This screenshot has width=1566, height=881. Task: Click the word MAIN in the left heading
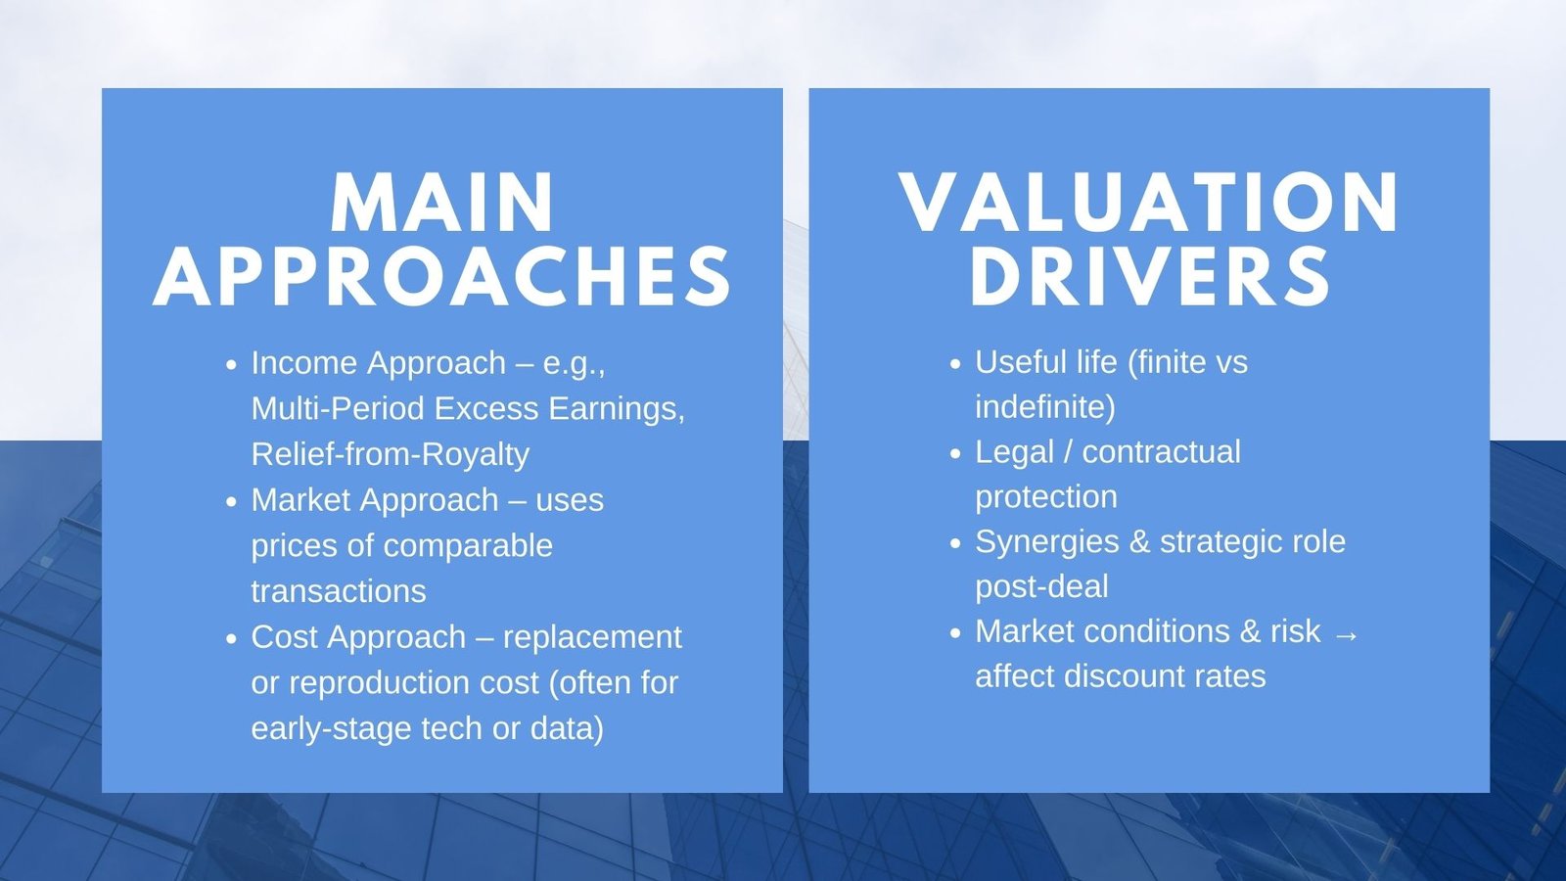point(442,204)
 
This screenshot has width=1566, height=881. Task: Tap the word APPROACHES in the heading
point(442,277)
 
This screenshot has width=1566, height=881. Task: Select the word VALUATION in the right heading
point(1149,204)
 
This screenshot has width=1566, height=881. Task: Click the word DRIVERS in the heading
point(1149,277)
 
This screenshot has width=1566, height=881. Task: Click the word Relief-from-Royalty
point(390,454)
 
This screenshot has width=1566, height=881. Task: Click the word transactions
point(338,591)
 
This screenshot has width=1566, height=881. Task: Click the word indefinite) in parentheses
point(1044,407)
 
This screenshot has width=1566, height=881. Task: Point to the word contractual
point(1161,452)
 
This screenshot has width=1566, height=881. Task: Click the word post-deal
point(1041,587)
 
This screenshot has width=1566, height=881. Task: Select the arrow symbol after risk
point(1346,634)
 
